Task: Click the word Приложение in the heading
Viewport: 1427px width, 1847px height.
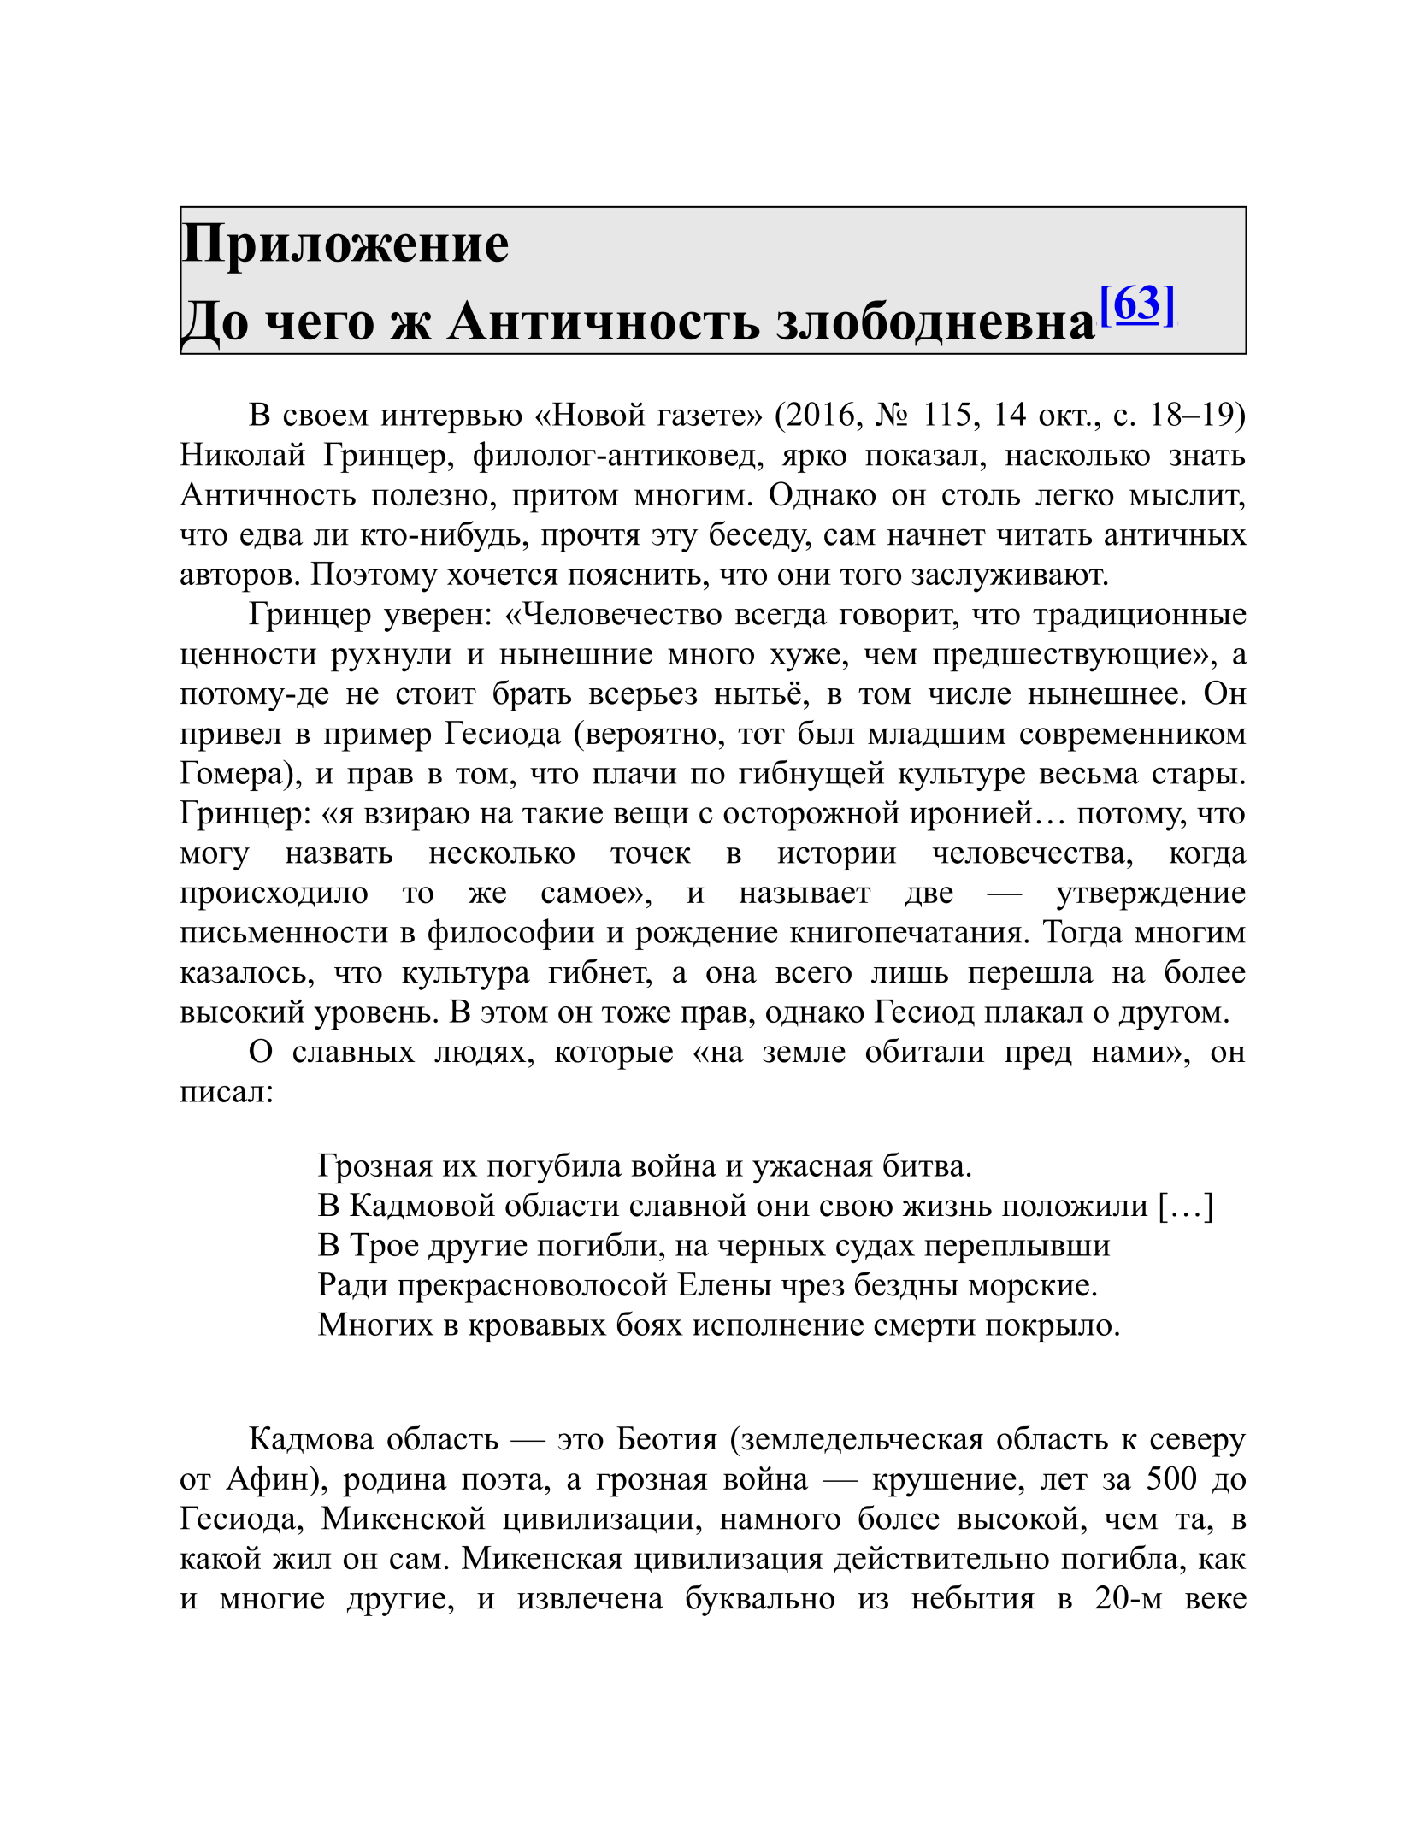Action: (x=345, y=245)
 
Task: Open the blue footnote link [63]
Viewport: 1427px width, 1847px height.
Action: (x=1137, y=304)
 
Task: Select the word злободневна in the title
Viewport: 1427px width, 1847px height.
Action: (x=935, y=322)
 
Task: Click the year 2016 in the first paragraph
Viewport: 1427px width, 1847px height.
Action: (x=821, y=415)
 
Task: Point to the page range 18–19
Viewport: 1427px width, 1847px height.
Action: (x=1197, y=415)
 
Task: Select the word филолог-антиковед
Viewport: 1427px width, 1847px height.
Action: (x=616, y=455)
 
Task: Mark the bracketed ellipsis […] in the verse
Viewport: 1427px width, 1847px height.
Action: (x=1186, y=1206)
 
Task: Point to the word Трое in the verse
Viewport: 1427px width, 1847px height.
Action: (x=383, y=1245)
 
